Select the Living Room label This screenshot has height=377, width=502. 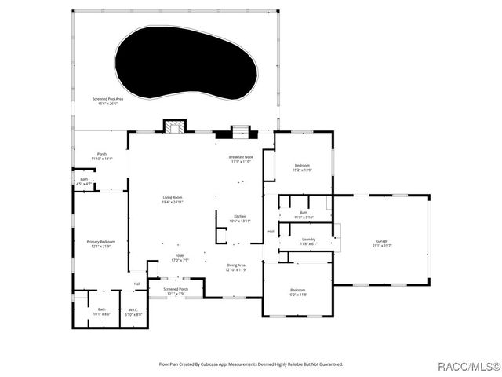coord(173,199)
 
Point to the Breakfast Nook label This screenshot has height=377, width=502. coord(241,159)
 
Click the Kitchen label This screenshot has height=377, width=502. coord(239,219)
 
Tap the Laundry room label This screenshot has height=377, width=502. coord(308,241)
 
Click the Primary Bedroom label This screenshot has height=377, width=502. coord(101,243)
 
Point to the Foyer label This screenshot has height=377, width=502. coord(180,258)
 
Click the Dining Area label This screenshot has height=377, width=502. coord(236,268)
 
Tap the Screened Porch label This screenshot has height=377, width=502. coord(176,291)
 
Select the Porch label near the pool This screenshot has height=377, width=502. coord(102,156)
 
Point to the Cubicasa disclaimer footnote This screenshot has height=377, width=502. coord(251,364)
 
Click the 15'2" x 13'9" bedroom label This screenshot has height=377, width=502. coord(302,168)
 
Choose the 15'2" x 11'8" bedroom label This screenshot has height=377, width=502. coord(297,293)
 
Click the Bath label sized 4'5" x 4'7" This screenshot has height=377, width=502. coord(85,181)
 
